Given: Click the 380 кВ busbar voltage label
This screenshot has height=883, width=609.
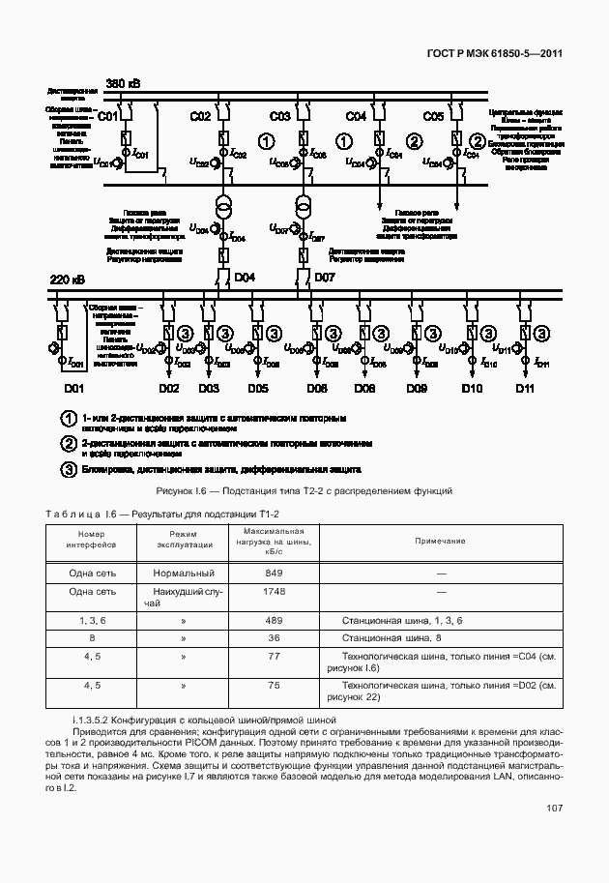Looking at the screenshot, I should click(123, 84).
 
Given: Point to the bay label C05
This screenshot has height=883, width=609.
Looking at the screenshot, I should click(433, 117).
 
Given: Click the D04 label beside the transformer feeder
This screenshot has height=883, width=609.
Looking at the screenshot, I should click(245, 279).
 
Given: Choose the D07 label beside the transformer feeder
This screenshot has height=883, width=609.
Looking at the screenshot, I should click(324, 279).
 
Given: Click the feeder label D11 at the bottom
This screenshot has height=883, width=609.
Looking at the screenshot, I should click(525, 388).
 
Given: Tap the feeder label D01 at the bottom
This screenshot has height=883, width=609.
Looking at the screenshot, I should click(74, 388).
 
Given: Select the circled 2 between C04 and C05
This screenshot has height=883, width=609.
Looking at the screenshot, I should click(414, 141).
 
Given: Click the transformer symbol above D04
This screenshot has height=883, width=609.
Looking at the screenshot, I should click(223, 208).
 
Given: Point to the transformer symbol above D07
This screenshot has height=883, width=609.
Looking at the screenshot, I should click(303, 208).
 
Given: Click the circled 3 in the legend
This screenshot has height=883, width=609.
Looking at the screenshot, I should click(68, 470).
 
